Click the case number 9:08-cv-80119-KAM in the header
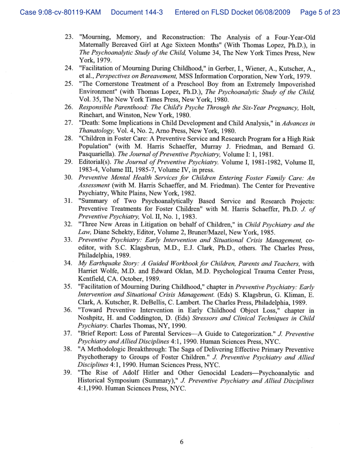point(61,12)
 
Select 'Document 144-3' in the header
point(137,12)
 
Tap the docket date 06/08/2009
point(272,12)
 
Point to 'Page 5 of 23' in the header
point(320,12)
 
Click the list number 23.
point(68,37)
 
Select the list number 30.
point(68,178)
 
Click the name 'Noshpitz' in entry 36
point(94,318)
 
